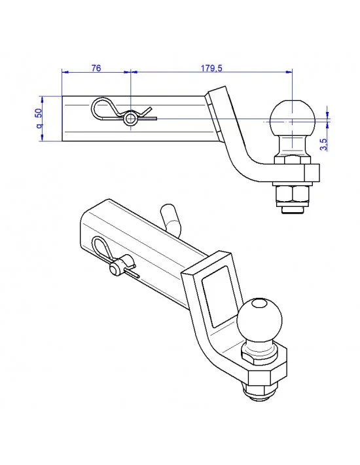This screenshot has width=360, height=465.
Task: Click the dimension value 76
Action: point(96,67)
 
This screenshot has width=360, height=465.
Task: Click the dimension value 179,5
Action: point(211,67)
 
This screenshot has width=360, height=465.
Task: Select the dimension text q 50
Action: point(39,118)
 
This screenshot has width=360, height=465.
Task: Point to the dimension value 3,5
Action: point(323,145)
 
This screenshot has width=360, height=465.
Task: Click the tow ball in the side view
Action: point(291,117)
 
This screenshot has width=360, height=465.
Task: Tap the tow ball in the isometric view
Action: point(259,320)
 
